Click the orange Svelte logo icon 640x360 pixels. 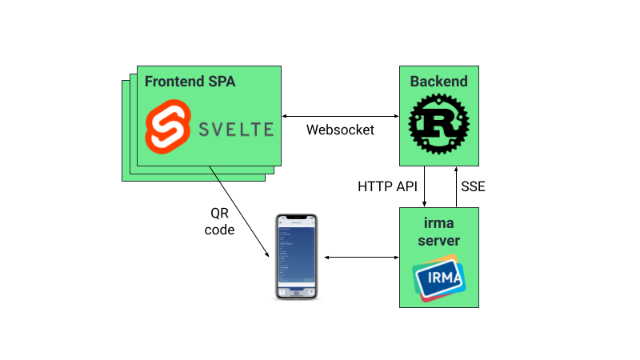point(167,127)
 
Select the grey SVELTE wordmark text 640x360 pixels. point(234,129)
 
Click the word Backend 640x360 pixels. point(438,82)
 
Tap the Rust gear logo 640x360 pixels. point(438,123)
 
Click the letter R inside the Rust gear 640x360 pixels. point(438,124)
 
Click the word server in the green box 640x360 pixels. point(439,240)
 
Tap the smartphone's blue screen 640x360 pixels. point(296,252)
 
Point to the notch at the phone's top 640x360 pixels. point(296,218)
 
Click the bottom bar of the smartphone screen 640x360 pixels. point(296,291)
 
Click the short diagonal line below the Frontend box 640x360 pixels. point(214,174)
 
